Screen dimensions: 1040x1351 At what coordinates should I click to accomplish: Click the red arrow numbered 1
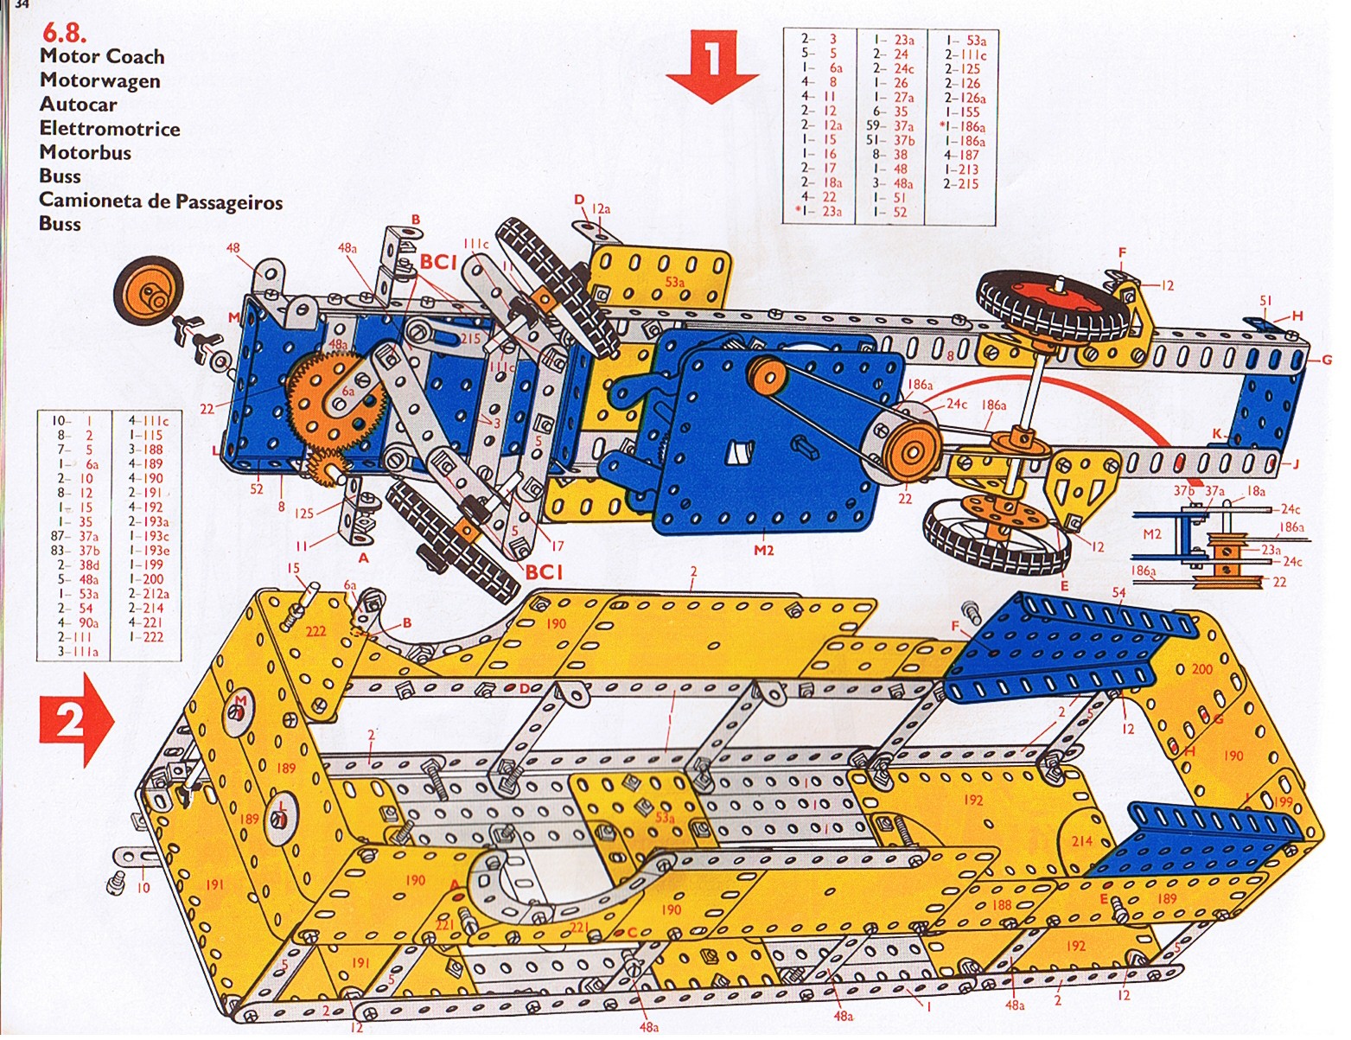tap(712, 64)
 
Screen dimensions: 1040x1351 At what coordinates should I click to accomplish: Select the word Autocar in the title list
tap(78, 105)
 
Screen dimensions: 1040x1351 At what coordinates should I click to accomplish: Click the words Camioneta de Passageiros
tap(161, 201)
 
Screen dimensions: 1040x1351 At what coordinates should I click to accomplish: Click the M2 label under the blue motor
tap(763, 551)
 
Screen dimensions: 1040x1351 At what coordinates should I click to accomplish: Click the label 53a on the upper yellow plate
tap(675, 282)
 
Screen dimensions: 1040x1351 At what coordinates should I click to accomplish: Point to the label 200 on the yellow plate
tap(1201, 669)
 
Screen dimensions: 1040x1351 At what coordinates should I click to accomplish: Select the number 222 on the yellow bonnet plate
tap(315, 632)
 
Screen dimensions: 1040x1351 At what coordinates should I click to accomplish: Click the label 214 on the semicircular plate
tap(1082, 840)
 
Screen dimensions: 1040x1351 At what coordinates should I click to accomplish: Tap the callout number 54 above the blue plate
tap(1118, 592)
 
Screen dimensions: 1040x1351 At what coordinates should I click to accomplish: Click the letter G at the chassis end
tap(1327, 360)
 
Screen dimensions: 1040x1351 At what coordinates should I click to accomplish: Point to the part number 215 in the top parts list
tap(966, 183)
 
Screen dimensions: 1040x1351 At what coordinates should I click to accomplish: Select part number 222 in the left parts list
tap(152, 637)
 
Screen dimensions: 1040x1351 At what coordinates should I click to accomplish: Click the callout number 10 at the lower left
tap(143, 887)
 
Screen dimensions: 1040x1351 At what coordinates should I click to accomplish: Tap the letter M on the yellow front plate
tap(241, 700)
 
